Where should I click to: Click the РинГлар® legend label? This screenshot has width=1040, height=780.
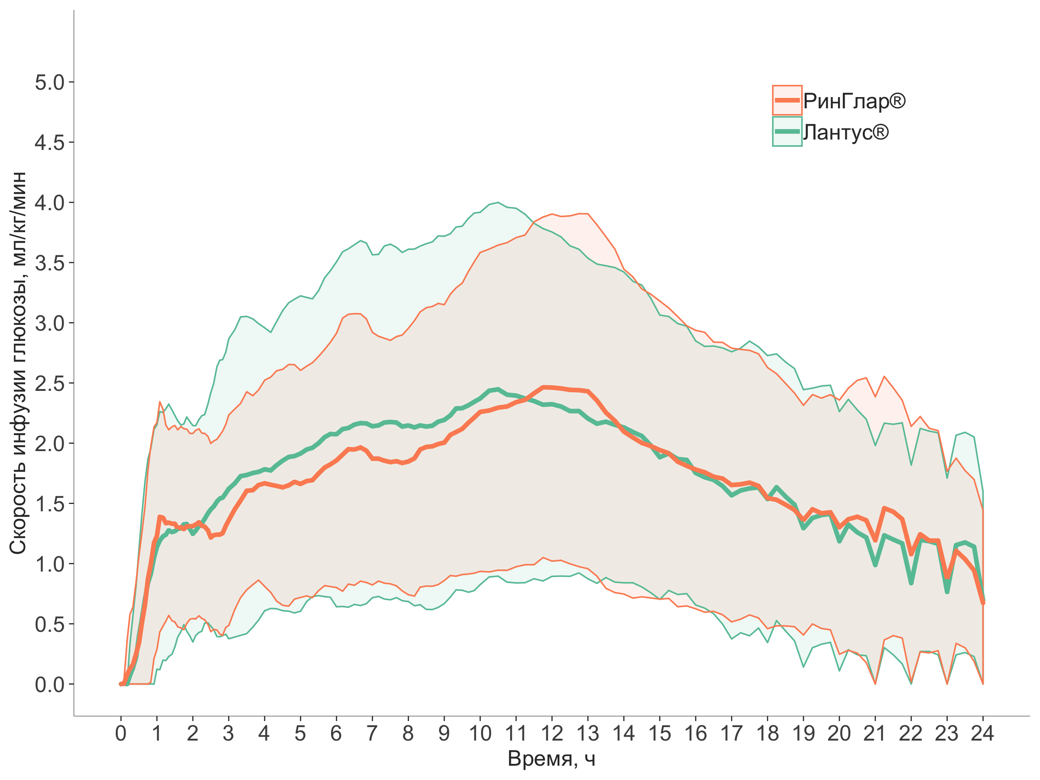click(853, 101)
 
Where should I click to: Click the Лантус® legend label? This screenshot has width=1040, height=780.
click(845, 132)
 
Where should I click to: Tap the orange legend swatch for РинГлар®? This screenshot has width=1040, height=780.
click(786, 100)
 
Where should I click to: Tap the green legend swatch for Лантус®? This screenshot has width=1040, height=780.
click(786, 132)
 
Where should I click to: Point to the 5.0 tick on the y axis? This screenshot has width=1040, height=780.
click(50, 82)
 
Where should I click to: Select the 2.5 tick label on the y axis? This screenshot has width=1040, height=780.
click(50, 383)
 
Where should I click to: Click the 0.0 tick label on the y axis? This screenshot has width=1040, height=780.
click(50, 685)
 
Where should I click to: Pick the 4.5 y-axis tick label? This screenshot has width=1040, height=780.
click(50, 143)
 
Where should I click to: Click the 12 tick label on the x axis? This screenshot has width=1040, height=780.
click(552, 734)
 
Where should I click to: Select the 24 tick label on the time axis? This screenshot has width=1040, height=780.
click(982, 734)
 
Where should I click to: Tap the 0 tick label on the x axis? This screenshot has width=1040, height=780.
click(121, 734)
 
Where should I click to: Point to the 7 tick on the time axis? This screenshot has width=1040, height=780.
click(372, 734)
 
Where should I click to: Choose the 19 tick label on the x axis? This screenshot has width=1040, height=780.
click(803, 734)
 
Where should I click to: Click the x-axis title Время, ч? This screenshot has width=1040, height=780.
click(552, 759)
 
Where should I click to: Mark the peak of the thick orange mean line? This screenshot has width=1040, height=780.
click(544, 387)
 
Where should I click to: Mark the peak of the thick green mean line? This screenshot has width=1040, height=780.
click(498, 389)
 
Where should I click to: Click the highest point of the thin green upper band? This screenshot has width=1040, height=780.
click(498, 202)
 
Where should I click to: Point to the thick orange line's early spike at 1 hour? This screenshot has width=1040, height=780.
click(160, 517)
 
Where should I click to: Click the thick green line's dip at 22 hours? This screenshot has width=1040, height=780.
click(911, 583)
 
